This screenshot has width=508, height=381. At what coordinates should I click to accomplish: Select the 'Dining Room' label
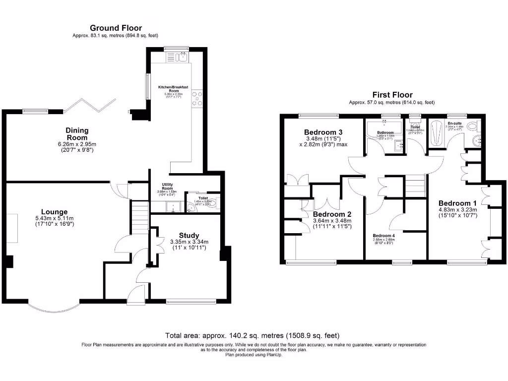pyautogui.click(x=76, y=134)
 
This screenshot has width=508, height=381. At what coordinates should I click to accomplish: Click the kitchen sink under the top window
pyautogui.click(x=177, y=56)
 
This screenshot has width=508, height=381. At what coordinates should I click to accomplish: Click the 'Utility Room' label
pyautogui.click(x=167, y=187)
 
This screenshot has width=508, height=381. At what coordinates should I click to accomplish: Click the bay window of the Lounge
pyautogui.click(x=53, y=308)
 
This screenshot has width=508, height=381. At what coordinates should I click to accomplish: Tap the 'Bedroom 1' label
pyautogui.click(x=457, y=203)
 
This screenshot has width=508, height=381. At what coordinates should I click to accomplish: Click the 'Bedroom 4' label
pyautogui.click(x=383, y=235)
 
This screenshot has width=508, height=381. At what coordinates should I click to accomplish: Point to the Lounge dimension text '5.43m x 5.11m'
pyautogui.click(x=54, y=219)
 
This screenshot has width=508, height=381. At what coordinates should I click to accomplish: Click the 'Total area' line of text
pyautogui.click(x=252, y=335)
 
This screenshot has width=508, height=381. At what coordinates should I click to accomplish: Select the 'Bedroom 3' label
pyautogui.click(x=323, y=132)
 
